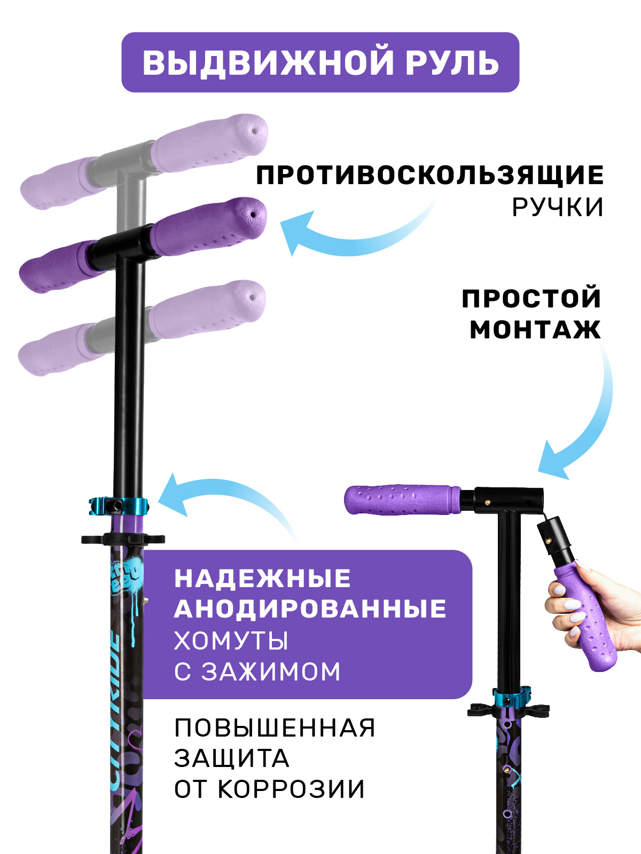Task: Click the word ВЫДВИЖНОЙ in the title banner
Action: [x=268, y=62]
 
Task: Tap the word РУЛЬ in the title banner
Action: [x=452, y=62]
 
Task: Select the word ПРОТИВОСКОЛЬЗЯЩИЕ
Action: [x=429, y=176]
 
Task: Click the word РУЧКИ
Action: [x=557, y=207]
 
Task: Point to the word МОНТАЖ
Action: [x=535, y=330]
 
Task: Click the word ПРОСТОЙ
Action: [x=531, y=299]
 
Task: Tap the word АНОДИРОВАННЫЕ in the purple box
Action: [x=310, y=609]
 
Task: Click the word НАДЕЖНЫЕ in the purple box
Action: [x=262, y=578]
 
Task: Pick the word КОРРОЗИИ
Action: [x=291, y=789]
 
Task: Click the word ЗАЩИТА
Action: [x=232, y=758]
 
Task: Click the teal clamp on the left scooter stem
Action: [x=118, y=506]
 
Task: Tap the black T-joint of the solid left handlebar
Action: [x=124, y=247]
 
